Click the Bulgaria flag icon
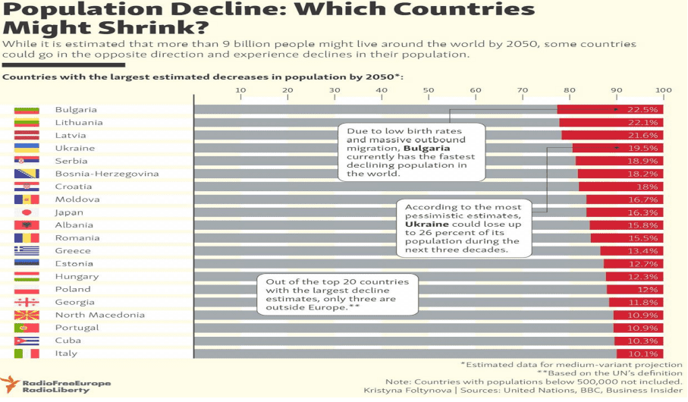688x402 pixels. [26, 110]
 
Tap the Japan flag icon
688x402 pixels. [26, 212]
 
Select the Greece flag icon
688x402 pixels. [26, 251]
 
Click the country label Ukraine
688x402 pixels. [74, 148]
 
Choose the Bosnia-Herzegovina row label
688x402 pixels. [106, 174]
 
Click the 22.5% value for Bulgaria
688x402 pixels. [648, 110]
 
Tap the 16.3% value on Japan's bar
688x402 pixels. [648, 212]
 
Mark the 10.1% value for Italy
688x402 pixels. [648, 353]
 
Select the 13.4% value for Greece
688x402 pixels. [648, 251]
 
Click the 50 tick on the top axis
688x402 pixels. [429, 90]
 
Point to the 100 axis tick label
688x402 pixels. [663, 90]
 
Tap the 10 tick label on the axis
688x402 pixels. [241, 90]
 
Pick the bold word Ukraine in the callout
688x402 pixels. [422, 225]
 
